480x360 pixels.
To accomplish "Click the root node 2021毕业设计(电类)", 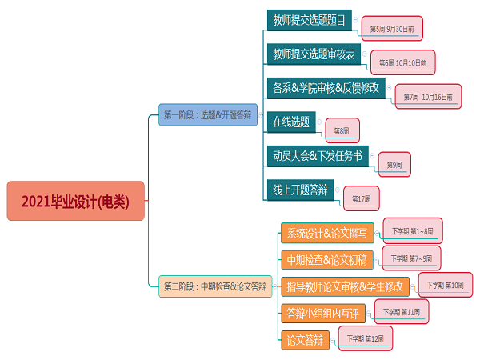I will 75,201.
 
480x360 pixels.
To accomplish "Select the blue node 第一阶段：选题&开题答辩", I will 206,115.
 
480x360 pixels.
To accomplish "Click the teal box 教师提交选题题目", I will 309,20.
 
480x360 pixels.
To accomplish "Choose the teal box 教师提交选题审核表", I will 314,54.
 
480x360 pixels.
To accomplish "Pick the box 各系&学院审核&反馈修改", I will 327,88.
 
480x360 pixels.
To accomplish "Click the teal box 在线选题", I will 290,122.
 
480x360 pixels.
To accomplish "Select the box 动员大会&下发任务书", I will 317,156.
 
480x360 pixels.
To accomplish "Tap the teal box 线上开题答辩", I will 299,190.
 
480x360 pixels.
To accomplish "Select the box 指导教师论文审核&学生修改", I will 345,286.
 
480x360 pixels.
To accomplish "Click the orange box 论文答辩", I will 305,340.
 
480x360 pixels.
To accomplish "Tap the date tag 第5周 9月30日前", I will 392,28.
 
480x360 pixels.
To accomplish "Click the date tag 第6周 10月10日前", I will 403,62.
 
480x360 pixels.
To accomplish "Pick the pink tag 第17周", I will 361,198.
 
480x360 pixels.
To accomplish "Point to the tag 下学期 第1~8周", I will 412,231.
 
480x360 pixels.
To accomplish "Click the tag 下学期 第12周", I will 365,339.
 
